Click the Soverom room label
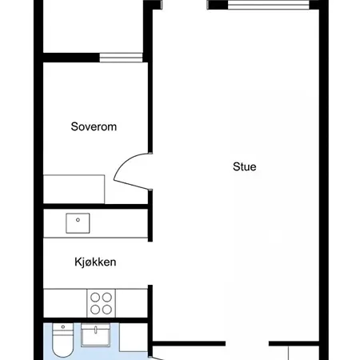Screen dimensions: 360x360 [94, 126]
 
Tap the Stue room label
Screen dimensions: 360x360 [245, 166]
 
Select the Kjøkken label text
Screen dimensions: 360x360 [95, 262]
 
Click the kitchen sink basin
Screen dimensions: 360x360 [78, 223]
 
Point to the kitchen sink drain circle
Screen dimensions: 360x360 [78, 220]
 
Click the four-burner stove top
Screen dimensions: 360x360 [101, 303]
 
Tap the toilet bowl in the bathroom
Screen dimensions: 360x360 [63, 346]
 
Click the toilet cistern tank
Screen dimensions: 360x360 [63, 330]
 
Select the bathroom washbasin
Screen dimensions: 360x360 [95, 335]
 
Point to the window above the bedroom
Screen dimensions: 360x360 [121, 58]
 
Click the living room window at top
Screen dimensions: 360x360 [269, 5]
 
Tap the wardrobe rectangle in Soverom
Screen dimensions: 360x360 [74, 190]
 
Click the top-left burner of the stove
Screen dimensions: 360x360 [95, 297]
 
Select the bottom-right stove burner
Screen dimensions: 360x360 [107, 310]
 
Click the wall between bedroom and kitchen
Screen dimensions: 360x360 [96, 206]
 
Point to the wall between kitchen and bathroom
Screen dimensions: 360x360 [96, 320]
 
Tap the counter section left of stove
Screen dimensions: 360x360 [65, 303]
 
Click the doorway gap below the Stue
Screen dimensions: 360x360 [247, 343]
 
